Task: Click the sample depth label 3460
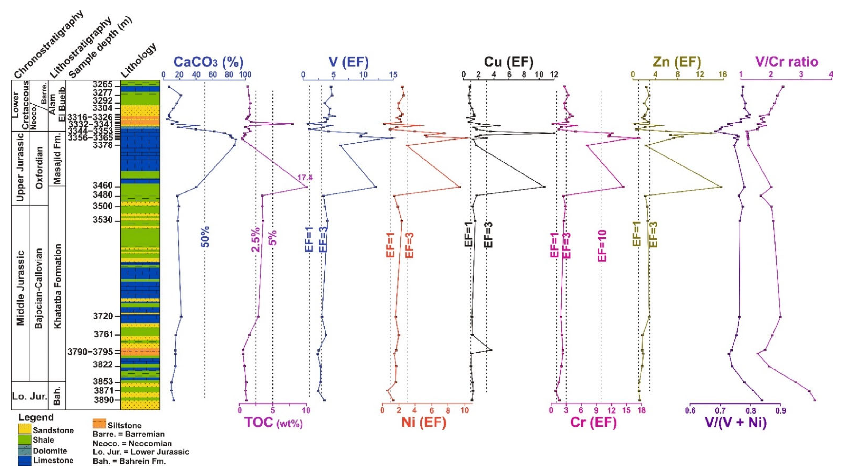[103, 186]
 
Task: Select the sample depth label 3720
[103, 316]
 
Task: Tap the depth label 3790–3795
[90, 352]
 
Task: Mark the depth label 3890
[103, 400]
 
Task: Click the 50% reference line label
[205, 236]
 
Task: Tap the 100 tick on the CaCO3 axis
[245, 75]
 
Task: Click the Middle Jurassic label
[21, 288]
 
